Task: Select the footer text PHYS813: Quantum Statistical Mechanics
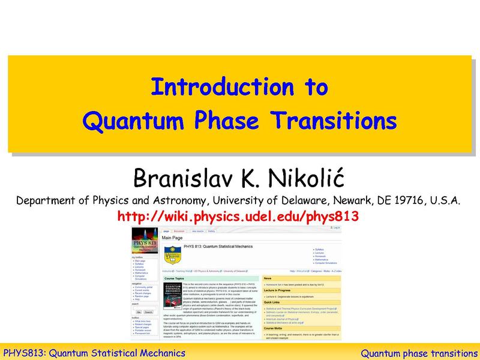tap(94, 352)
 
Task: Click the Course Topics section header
tap(178, 278)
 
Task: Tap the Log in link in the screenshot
tap(336, 228)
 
